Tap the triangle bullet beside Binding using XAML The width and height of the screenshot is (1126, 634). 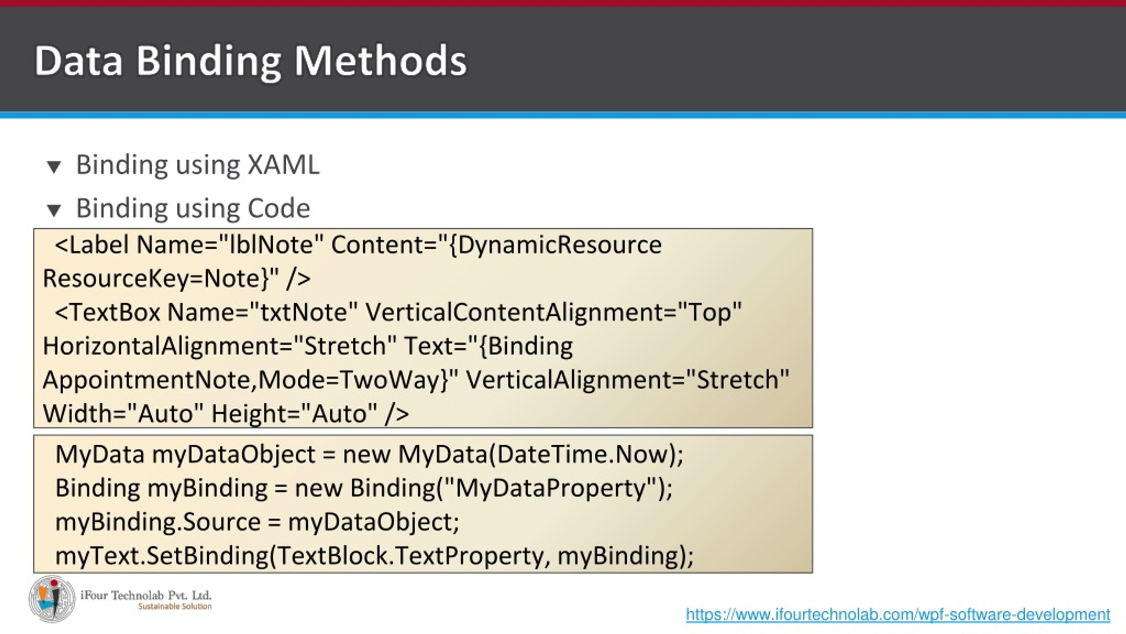[54, 167]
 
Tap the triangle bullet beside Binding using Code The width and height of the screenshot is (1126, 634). [54, 210]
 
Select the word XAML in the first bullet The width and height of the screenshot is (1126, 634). [283, 165]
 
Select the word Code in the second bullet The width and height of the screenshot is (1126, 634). [278, 208]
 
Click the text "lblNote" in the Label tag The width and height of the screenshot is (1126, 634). [271, 245]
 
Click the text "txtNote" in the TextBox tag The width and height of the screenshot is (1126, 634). [304, 313]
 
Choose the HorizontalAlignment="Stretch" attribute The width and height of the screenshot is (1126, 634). [220, 346]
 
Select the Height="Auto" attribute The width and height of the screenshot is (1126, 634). [294, 414]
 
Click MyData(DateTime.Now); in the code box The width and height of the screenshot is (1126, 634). [541, 454]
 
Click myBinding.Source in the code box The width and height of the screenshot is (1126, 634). [158, 522]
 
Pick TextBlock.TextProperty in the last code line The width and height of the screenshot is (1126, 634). [411, 556]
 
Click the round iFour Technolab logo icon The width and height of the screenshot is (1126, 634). [52, 599]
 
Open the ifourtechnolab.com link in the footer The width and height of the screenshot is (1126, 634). [898, 615]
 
